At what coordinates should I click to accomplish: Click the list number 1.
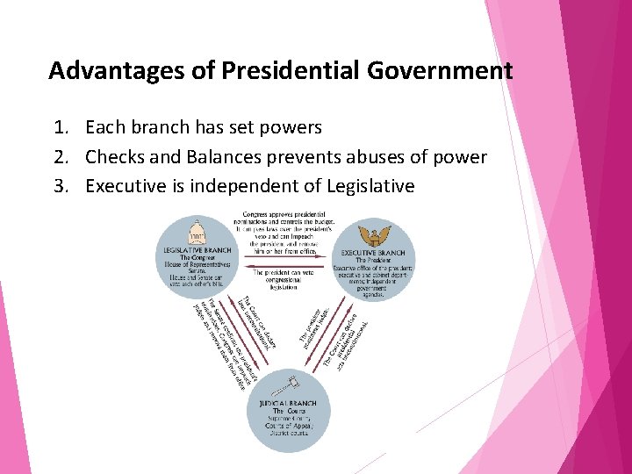coord(59,128)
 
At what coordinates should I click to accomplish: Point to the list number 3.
coord(59,186)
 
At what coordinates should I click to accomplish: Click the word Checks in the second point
coord(115,157)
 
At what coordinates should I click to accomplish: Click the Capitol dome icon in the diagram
coord(197,232)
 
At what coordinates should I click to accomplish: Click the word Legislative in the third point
coord(370,186)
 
